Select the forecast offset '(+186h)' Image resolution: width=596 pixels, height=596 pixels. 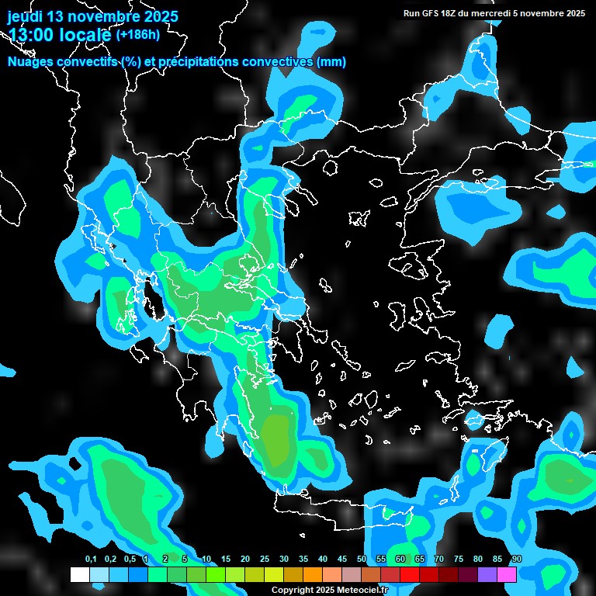pyautogui.click(x=138, y=35)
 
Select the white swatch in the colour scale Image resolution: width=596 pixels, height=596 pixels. pyautogui.click(x=79, y=575)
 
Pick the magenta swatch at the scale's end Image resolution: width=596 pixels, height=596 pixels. pyautogui.click(x=507, y=575)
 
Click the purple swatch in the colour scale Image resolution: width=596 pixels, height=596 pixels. pyautogui.click(x=487, y=575)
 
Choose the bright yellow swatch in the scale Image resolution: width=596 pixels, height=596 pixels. pyautogui.click(x=273, y=575)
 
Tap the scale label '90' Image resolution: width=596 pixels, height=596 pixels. pyautogui.click(x=516, y=560)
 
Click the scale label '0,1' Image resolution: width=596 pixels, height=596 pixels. pyautogui.click(x=91, y=560)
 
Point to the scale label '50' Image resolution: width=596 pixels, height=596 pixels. pyautogui.click(x=362, y=560)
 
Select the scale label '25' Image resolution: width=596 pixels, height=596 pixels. pyautogui.click(x=265, y=560)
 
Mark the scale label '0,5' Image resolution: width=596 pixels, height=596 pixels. pyautogui.click(x=129, y=560)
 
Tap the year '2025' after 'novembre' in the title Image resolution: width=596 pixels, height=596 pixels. pyautogui.click(x=161, y=16)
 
